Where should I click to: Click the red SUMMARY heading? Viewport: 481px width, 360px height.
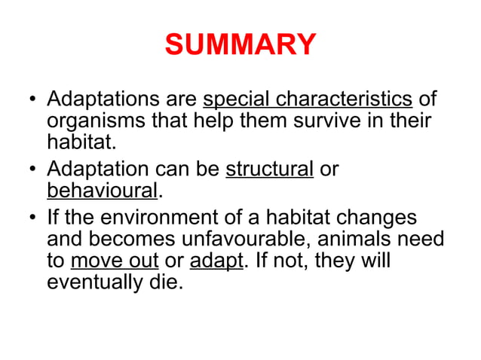point(240,45)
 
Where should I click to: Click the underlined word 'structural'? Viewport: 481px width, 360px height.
point(269,169)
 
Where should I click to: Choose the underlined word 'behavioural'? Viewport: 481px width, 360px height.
point(103,190)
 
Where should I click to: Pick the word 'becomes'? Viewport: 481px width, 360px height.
point(134,239)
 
